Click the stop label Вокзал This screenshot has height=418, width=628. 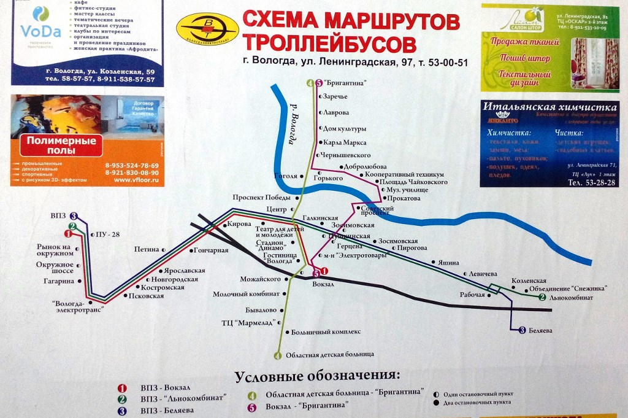tap(324, 284)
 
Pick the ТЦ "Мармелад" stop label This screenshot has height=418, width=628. tap(248, 322)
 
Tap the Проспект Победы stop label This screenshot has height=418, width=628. tap(264, 197)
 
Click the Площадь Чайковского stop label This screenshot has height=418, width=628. tap(414, 182)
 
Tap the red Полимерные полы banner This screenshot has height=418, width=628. tap(61, 145)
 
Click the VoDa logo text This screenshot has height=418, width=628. tap(40, 31)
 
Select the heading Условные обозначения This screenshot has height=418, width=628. tap(317, 375)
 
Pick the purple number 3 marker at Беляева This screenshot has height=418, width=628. tap(522, 330)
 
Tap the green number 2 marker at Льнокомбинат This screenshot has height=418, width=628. tap(542, 298)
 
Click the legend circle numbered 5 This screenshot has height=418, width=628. tap(252, 405)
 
